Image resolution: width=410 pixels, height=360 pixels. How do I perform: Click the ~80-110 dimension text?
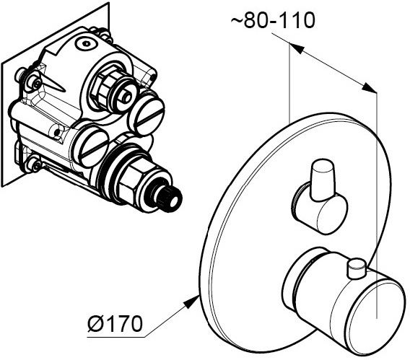tap(273, 20)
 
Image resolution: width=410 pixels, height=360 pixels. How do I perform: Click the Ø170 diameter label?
tap(115, 324)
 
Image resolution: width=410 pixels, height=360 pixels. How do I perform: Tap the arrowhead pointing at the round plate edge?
tap(191, 301)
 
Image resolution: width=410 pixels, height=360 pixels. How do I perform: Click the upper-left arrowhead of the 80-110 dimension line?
tap(296, 48)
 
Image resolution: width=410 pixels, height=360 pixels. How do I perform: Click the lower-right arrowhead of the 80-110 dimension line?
tap(369, 87)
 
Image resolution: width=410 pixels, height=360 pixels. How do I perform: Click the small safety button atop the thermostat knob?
tap(356, 268)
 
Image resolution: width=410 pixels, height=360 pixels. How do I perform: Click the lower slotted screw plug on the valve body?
tap(92, 148)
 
